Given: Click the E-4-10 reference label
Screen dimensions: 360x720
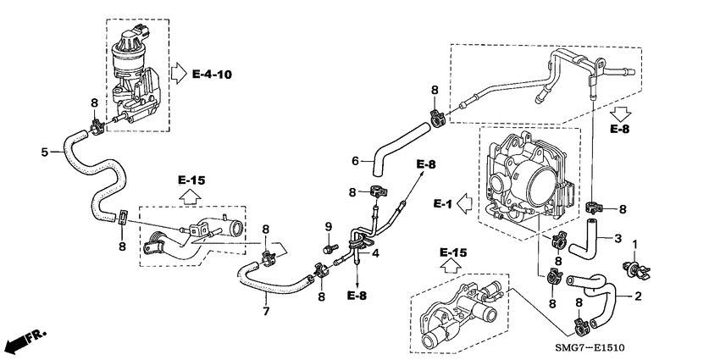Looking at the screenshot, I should click(212, 75).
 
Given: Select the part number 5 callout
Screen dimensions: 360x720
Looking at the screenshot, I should click(44, 152).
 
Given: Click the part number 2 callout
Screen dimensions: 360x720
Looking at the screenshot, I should click(639, 296).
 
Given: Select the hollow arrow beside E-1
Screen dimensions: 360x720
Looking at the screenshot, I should click(464, 203).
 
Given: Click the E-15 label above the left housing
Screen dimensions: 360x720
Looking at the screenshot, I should click(191, 180).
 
